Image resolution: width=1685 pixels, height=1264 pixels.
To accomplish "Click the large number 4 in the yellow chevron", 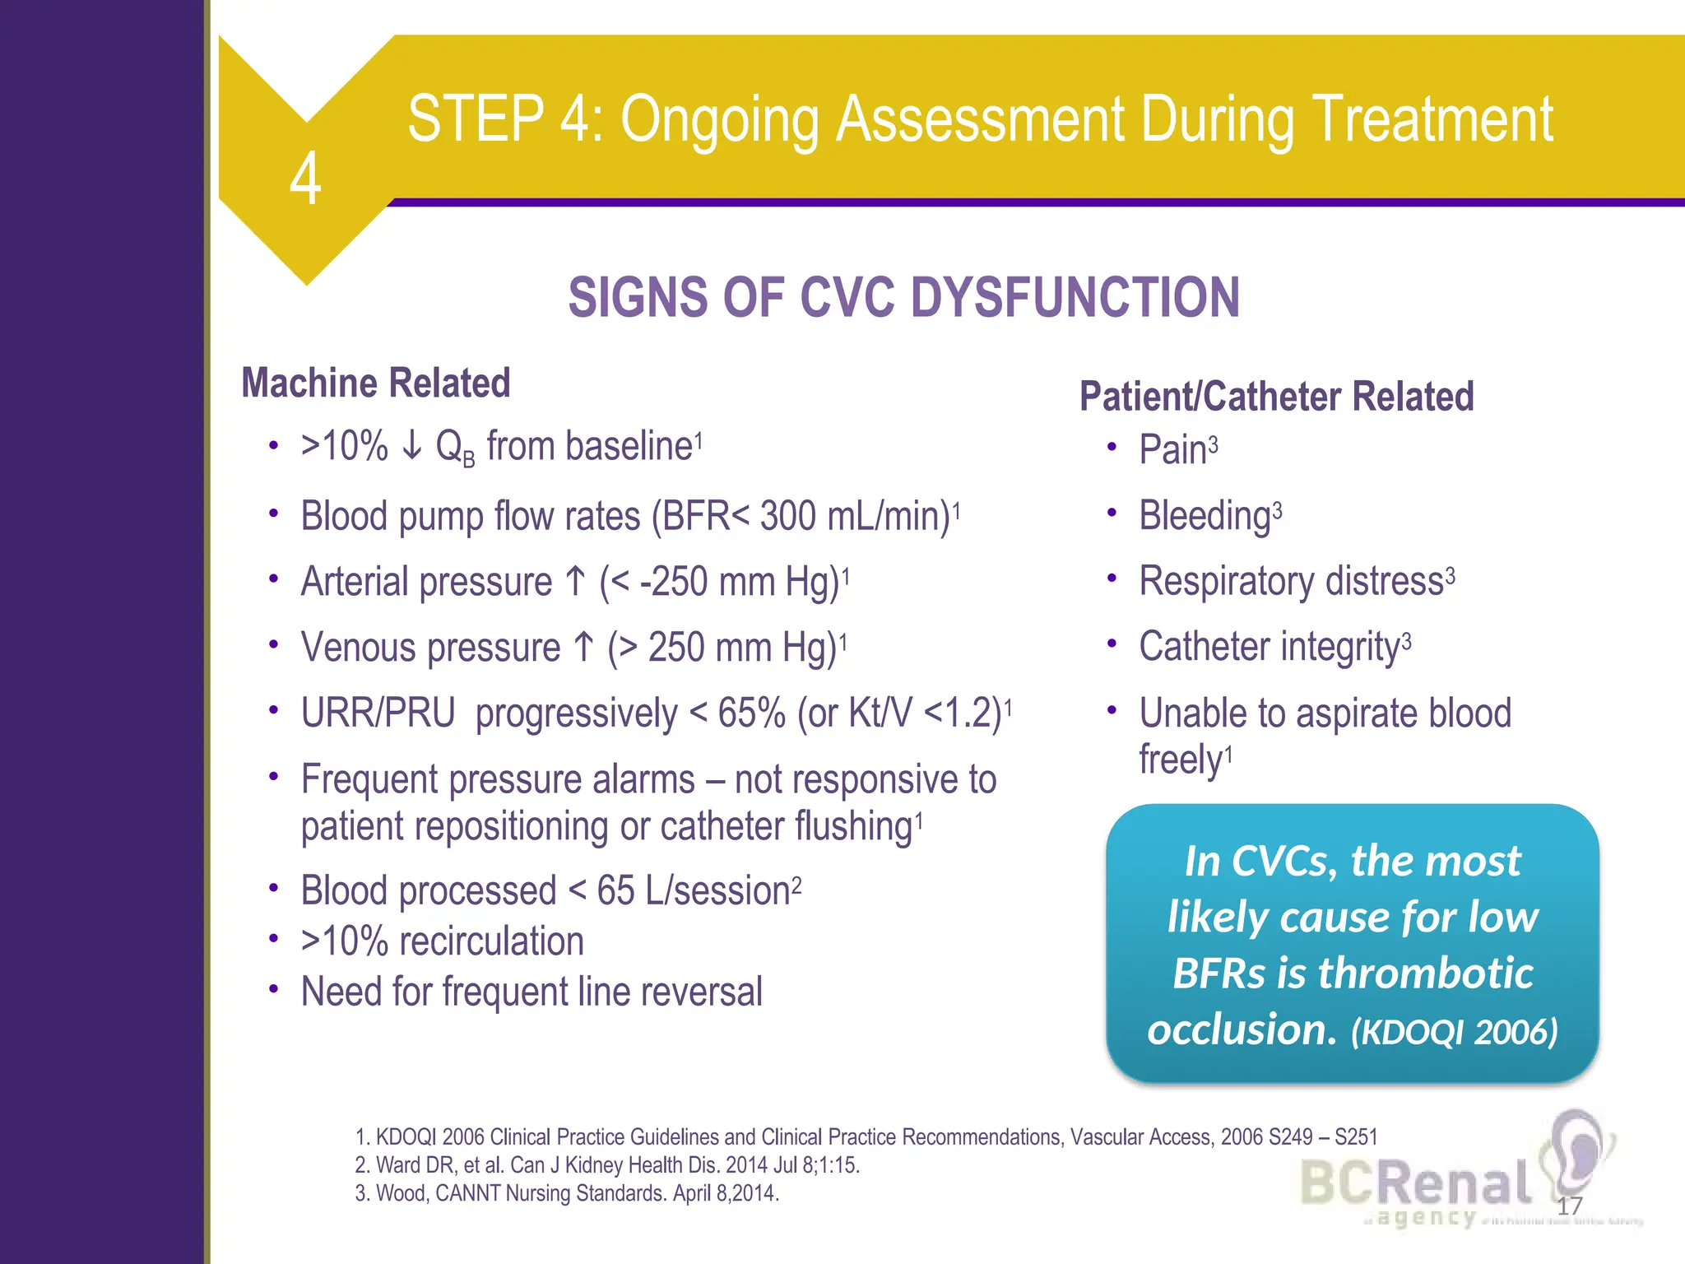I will tap(305, 179).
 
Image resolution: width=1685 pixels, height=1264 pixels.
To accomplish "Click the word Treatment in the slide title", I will tap(1432, 120).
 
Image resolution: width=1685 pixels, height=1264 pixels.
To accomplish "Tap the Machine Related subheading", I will tap(376, 383).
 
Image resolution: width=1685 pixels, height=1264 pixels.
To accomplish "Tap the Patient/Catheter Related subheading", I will tap(1276, 397).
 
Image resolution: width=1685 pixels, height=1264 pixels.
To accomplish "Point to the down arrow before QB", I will tap(412, 446).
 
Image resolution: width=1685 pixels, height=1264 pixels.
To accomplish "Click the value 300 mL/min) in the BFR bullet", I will tap(855, 517).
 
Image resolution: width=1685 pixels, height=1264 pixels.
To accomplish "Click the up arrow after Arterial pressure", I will tap(576, 582).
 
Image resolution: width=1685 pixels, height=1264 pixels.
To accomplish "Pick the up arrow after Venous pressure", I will tap(583, 648).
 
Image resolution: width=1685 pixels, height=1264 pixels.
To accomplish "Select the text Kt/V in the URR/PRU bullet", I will tap(880, 713).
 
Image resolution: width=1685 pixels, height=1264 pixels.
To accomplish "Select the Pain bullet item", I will tap(1172, 450).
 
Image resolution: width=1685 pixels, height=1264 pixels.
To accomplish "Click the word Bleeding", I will tap(1205, 517).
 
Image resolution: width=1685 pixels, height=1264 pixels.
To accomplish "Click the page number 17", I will tap(1570, 1206).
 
